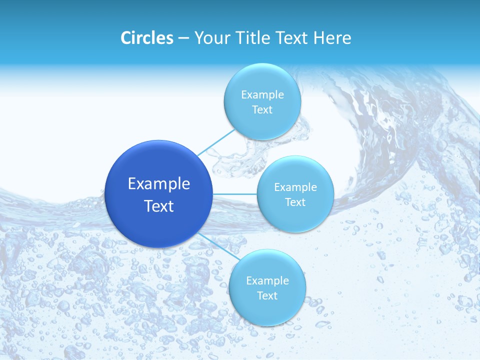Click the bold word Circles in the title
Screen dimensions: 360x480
tap(146, 38)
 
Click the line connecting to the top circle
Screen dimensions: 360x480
tap(216, 142)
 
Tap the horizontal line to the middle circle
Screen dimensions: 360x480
tap(235, 194)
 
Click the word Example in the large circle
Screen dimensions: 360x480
tap(159, 184)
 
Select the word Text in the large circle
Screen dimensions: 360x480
tap(159, 206)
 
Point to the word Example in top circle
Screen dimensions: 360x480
tap(262, 94)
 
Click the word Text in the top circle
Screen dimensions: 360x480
tap(262, 110)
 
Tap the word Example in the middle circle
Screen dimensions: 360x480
tap(295, 187)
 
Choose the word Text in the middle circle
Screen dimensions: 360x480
tap(295, 202)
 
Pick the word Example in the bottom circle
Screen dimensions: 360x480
tap(267, 280)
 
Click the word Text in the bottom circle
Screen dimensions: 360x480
tap(267, 296)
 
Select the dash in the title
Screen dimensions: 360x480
tap(183, 38)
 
